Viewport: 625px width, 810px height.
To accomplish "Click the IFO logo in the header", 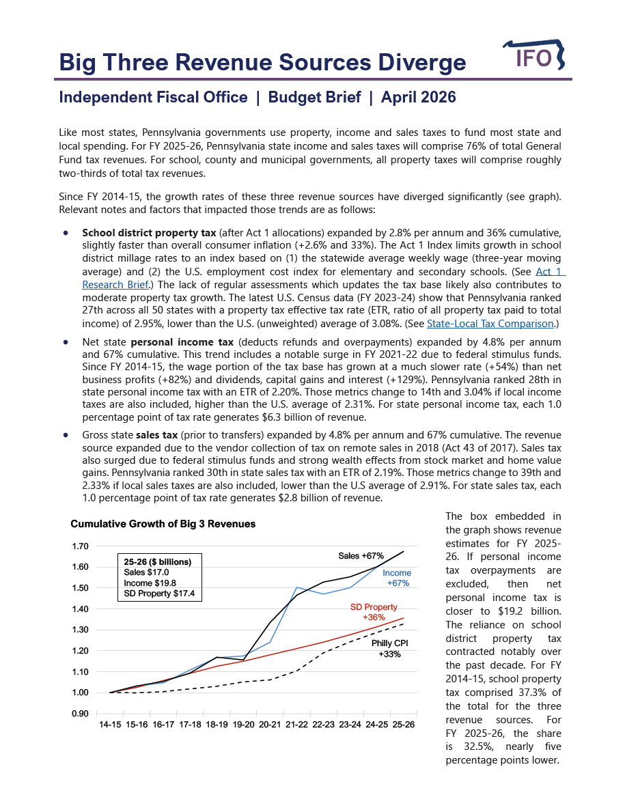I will tap(533, 57).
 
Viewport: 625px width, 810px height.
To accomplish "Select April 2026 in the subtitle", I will tap(418, 98).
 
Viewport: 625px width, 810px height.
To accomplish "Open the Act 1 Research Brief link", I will tap(115, 285).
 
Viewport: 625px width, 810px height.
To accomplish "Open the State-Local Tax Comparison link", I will tap(490, 324).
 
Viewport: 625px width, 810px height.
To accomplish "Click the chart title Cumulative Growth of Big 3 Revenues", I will tap(163, 524).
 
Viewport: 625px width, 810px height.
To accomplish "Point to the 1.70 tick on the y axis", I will tap(80, 546).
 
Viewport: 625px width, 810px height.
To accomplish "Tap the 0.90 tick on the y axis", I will tap(80, 714).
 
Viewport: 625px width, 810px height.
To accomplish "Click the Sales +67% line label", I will tap(361, 556).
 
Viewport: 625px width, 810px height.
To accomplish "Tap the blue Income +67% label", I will tap(397, 578).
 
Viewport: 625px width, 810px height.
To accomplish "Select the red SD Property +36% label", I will tap(374, 612).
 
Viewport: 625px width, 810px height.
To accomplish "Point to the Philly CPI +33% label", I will tap(389, 648).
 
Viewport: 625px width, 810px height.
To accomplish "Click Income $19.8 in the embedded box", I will tap(150, 583).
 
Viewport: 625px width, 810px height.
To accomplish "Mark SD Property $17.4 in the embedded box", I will tap(159, 594).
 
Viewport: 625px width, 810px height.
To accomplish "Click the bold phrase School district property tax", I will tap(148, 232).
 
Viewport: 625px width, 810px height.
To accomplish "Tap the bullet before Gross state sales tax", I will tap(66, 434).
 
